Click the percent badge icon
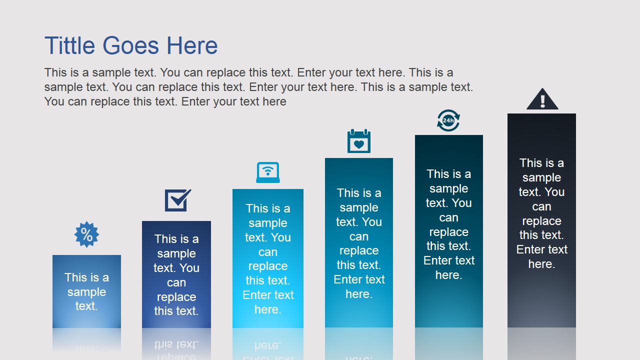[x=86, y=234]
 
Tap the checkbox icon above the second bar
[x=177, y=200]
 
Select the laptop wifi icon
[x=268, y=172]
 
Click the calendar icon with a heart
[x=359, y=141]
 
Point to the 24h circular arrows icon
[x=448, y=120]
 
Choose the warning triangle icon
[x=542, y=99]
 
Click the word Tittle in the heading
[x=69, y=45]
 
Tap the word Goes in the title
[x=131, y=45]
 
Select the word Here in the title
[x=192, y=45]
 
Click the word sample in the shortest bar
[x=86, y=292]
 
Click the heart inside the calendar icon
[x=359, y=144]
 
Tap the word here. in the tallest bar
[x=541, y=264]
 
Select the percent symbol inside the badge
[x=86, y=235]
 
